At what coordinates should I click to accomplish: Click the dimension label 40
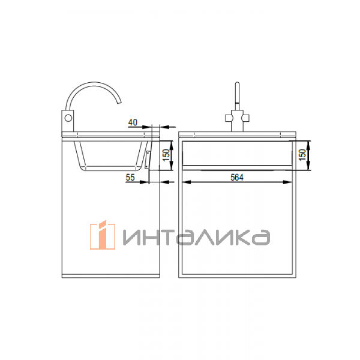133,122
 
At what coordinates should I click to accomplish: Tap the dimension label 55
130,178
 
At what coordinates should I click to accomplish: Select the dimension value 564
237,178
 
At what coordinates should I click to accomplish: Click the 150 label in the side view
167,155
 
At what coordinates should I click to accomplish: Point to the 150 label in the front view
302,155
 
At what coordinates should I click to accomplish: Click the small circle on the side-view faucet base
68,118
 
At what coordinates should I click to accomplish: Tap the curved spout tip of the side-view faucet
119,101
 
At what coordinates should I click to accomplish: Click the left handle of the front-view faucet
229,118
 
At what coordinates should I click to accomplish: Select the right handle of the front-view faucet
245,118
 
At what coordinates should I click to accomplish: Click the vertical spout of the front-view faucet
238,96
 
